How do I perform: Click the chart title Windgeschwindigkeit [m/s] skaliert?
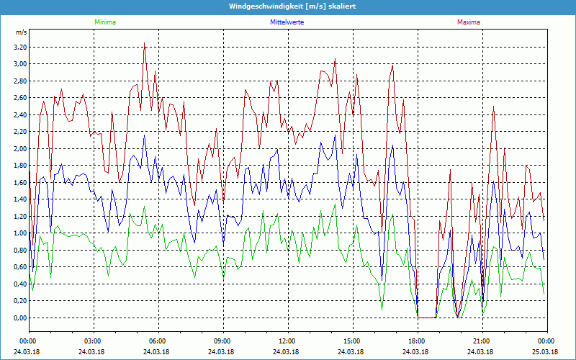click(x=288, y=6)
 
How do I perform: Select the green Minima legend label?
click(x=104, y=22)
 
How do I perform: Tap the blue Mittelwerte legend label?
click(x=287, y=22)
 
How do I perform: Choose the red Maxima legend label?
click(x=469, y=22)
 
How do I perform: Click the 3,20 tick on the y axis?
click(x=20, y=47)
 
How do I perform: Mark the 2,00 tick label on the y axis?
click(x=20, y=148)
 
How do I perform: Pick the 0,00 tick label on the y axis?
click(x=20, y=318)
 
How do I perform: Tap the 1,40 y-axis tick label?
click(x=20, y=199)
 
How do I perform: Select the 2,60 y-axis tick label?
click(x=20, y=98)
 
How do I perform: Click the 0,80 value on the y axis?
click(x=20, y=250)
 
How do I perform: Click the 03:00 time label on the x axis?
click(x=93, y=341)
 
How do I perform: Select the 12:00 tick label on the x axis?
click(x=287, y=341)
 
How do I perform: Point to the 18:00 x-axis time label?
click(x=417, y=341)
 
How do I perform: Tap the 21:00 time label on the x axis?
click(x=482, y=341)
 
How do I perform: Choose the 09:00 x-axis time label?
click(x=222, y=341)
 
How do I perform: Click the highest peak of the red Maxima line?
click(x=145, y=42)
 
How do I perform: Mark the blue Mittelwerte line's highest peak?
click(x=144, y=135)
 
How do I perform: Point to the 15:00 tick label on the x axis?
click(x=352, y=341)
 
